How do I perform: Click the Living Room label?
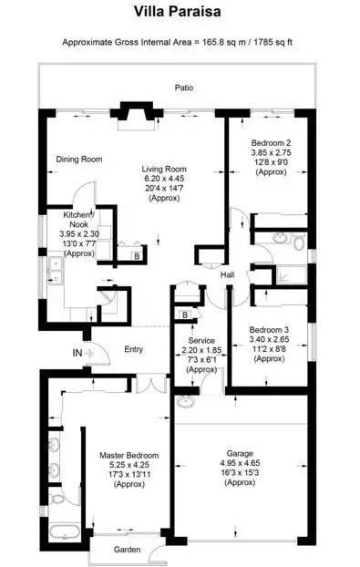(163, 169)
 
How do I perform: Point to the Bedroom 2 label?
(271, 143)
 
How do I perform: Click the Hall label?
(229, 274)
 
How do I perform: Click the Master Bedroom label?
(129, 454)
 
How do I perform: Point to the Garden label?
(128, 550)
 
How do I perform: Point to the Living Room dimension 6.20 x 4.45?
(163, 179)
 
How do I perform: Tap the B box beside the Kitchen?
(136, 257)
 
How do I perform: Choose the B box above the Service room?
(185, 315)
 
